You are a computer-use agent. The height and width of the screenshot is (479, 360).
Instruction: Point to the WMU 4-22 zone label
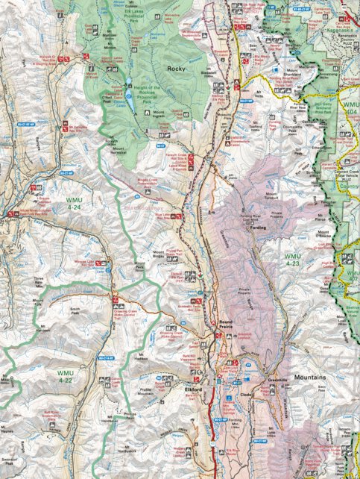66,374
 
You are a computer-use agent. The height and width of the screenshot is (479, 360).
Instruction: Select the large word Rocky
176,69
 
